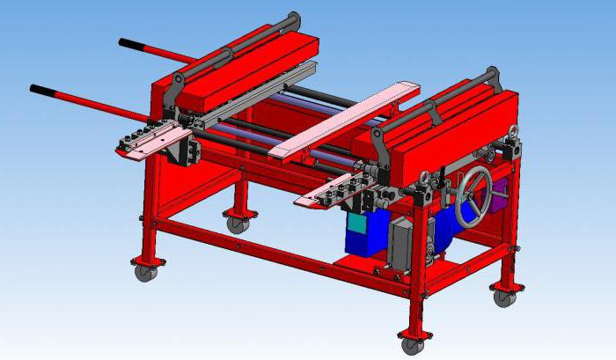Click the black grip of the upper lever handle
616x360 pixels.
(x=134, y=44)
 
